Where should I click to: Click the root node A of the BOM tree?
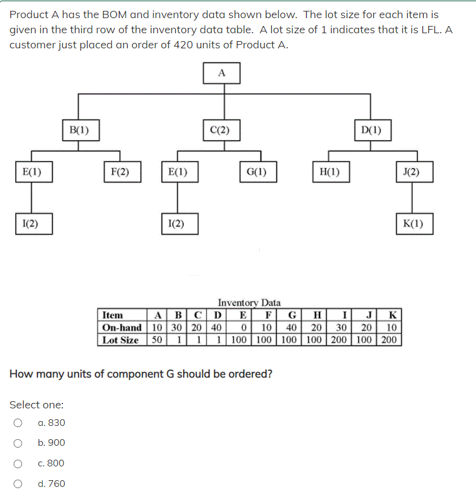(222, 72)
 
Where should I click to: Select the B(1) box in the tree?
(79, 129)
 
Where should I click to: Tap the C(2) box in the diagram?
(219, 129)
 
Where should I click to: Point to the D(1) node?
(371, 129)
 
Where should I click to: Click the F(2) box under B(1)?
(120, 172)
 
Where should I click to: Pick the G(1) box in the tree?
(257, 172)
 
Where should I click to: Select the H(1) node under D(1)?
(329, 172)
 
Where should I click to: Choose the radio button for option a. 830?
(19, 423)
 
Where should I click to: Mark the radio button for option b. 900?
(19, 443)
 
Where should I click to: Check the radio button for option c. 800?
(19, 463)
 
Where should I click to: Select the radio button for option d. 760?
(19, 484)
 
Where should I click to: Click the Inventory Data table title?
(249, 303)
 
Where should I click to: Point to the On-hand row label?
(121, 327)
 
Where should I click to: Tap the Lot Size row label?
(120, 340)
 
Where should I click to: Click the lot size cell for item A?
(156, 340)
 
